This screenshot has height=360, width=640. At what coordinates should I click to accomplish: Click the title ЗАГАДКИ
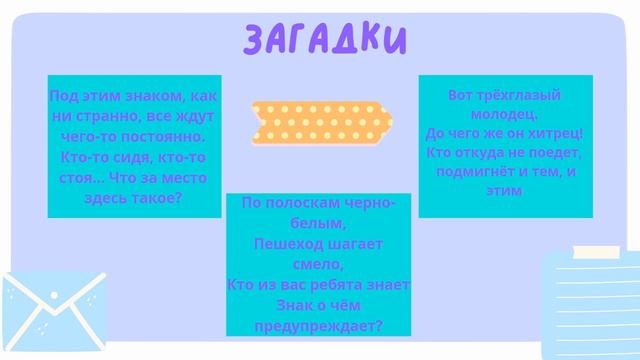325,37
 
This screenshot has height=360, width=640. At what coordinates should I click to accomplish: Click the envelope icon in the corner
50,316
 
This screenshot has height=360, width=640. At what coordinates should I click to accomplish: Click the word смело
318,264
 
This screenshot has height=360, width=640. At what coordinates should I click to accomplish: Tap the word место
185,177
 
